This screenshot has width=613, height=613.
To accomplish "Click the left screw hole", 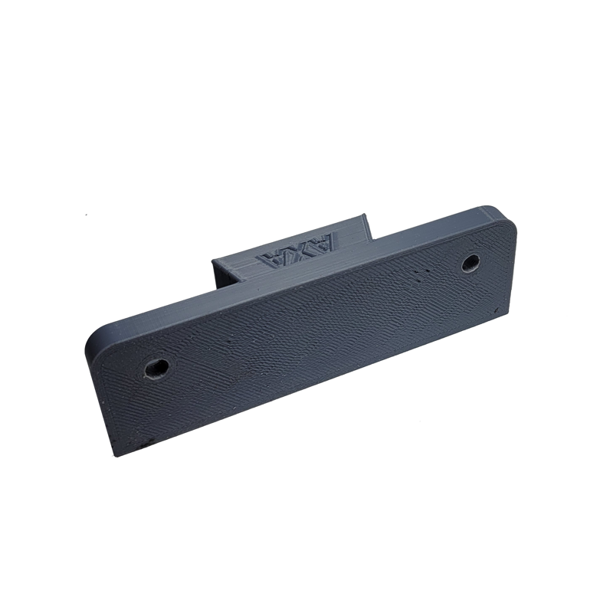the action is pos(156,369).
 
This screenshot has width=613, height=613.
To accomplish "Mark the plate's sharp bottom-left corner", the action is pos(113,456).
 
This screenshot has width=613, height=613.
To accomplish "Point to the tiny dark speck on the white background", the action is pos(86,215).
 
